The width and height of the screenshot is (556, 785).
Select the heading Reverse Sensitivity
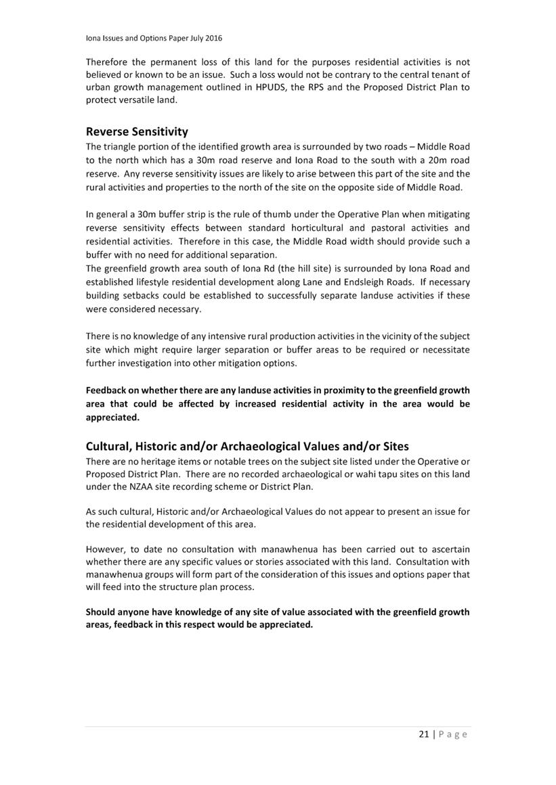(137, 131)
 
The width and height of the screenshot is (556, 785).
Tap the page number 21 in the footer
(423, 734)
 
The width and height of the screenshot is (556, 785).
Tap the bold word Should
(102, 612)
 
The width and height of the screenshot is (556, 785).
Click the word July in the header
(192, 38)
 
